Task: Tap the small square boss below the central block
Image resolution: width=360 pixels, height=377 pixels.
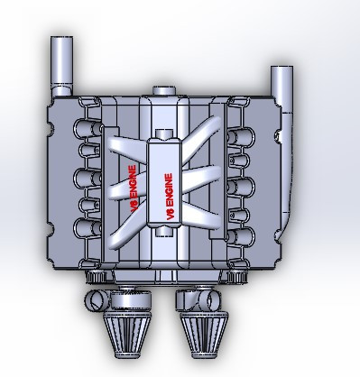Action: tap(162, 230)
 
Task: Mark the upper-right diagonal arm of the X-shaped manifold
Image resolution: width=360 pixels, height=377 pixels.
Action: tap(206, 150)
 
